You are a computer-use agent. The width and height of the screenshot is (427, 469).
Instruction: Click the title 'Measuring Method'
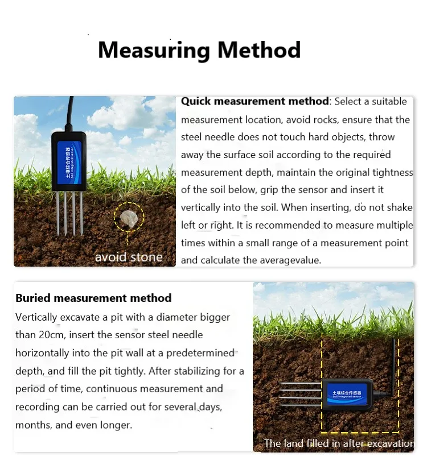click(x=199, y=50)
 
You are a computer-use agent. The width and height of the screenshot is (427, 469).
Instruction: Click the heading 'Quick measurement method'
click(x=254, y=102)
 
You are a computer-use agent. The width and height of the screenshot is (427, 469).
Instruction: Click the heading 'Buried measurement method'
click(x=93, y=298)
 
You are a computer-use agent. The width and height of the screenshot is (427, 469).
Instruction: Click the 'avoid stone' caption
click(x=129, y=257)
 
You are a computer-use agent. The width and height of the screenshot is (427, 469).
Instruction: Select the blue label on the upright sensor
click(x=68, y=160)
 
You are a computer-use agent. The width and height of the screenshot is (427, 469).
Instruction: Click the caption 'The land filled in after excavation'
click(x=339, y=443)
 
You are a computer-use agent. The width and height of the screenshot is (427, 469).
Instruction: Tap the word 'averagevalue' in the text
click(x=292, y=260)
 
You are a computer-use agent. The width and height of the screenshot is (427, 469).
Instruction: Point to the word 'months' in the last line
click(x=32, y=425)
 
